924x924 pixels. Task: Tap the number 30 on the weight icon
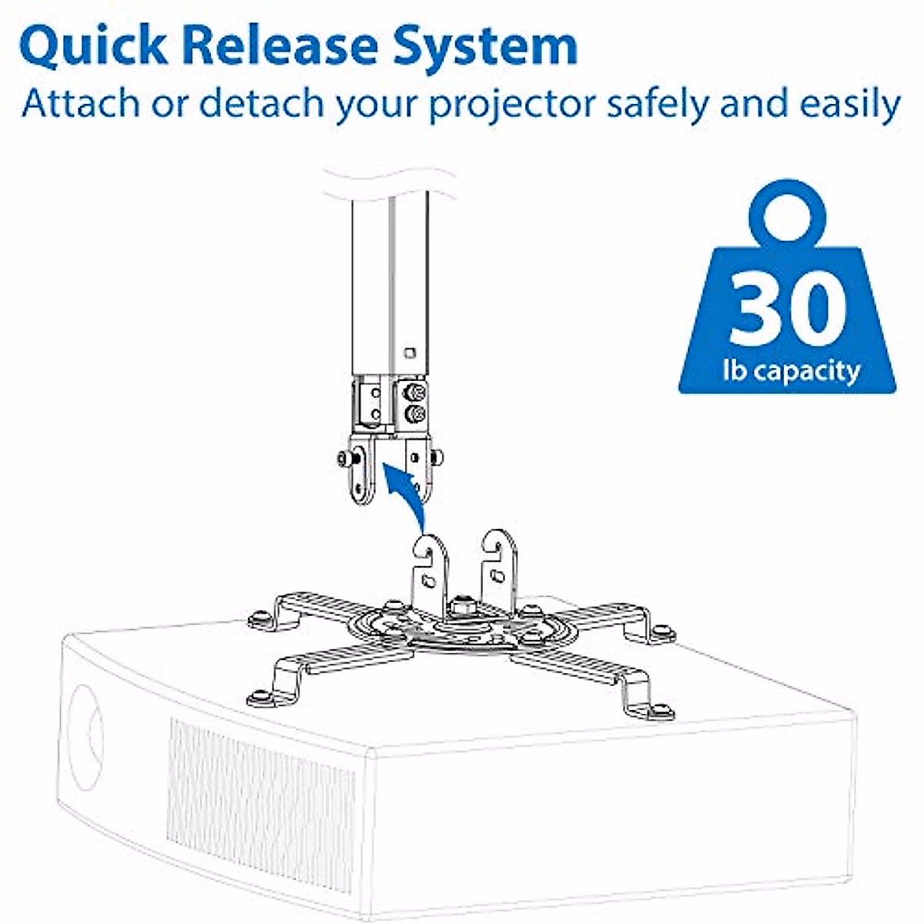[786, 308]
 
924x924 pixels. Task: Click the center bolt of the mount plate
[464, 604]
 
